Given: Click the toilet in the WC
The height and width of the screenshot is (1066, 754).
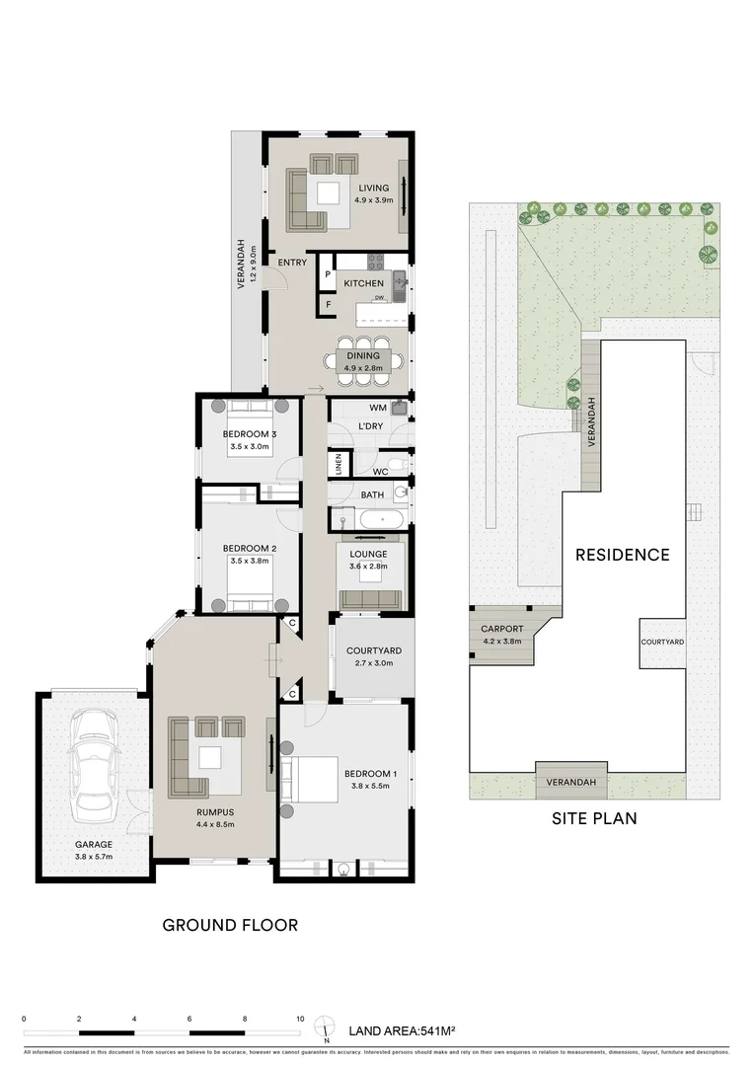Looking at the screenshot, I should click(x=396, y=462).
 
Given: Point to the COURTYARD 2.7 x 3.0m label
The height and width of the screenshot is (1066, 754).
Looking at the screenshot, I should click(x=373, y=656).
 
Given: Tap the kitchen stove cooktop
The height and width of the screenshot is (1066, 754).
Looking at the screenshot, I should click(x=375, y=263).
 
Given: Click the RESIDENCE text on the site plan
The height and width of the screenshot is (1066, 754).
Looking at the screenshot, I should click(x=622, y=555).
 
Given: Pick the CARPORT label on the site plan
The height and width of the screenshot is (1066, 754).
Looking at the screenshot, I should click(x=501, y=629).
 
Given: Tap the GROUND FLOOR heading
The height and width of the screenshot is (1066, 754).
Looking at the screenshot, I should click(x=230, y=925).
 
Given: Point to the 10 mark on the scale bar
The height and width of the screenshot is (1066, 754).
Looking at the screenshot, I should click(x=300, y=1019).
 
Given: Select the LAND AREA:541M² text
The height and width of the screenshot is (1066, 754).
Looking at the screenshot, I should click(x=402, y=1031).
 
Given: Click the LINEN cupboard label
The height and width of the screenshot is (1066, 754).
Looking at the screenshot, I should click(x=339, y=464).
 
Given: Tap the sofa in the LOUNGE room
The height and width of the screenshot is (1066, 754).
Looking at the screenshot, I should click(x=370, y=598).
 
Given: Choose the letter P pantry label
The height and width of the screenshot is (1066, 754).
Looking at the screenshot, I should click(x=327, y=274).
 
